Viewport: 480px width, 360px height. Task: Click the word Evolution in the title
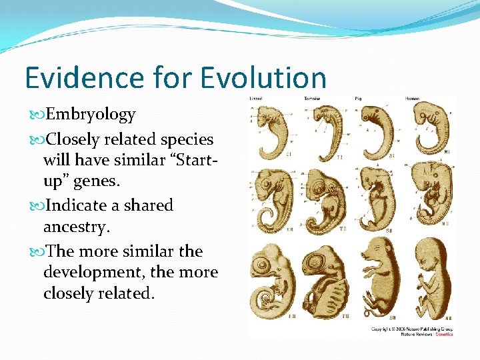262,77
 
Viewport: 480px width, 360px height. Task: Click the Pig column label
366,99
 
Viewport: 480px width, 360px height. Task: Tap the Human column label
412,99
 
